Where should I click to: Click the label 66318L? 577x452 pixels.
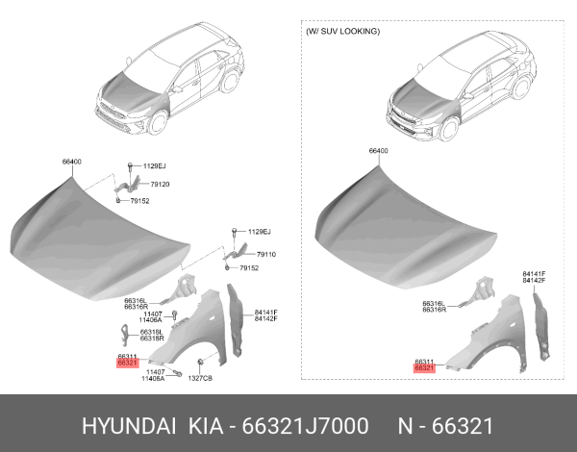click(152, 332)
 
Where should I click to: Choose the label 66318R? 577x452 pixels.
click(152, 339)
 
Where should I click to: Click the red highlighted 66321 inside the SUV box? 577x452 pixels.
click(424, 367)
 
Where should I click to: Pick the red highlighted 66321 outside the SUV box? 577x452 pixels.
click(127, 364)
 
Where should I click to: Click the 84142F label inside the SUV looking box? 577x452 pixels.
click(534, 280)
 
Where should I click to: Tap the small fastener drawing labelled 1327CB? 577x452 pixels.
click(197, 364)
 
